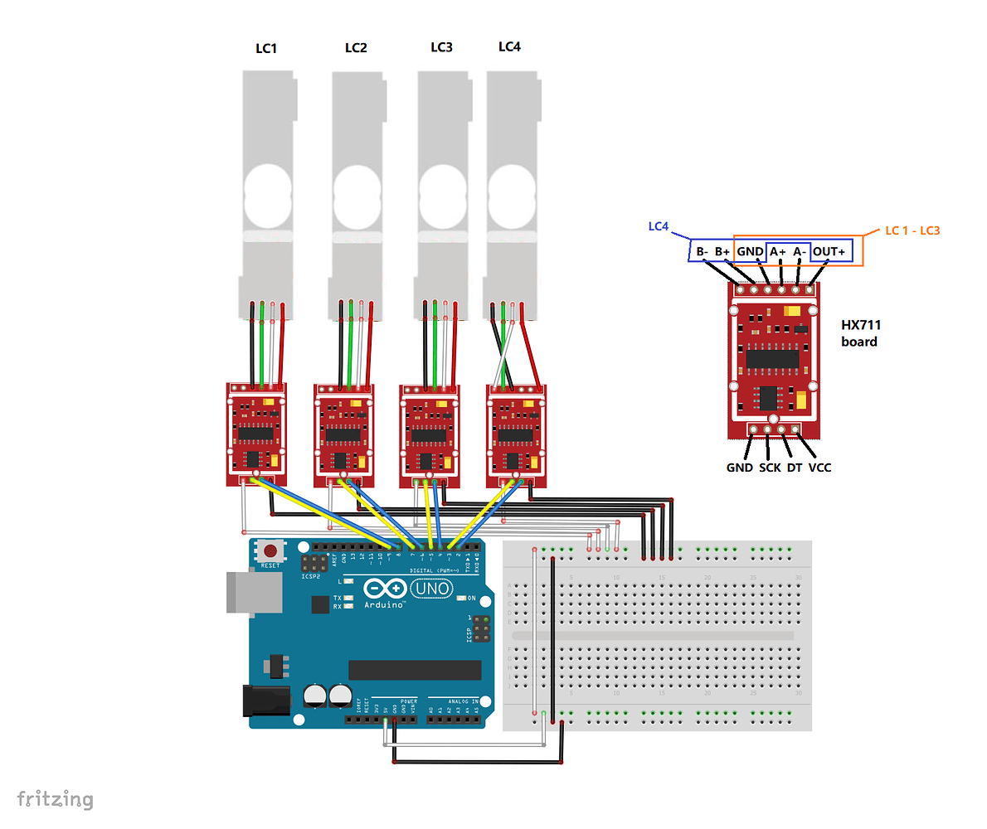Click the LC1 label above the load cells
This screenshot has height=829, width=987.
click(265, 49)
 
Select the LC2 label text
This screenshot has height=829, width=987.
click(356, 48)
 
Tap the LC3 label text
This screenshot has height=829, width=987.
click(441, 47)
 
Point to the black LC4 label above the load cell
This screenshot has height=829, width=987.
click(509, 46)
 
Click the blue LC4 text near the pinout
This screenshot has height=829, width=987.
click(658, 226)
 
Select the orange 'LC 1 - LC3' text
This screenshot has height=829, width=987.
click(912, 230)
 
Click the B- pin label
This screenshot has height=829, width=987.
click(702, 251)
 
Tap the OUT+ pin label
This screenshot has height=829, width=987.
click(829, 251)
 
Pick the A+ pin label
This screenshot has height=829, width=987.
click(776, 251)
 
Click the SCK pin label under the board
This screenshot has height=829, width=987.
click(770, 468)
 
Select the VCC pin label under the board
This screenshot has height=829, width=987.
click(819, 468)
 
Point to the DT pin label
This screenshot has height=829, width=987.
click(795, 468)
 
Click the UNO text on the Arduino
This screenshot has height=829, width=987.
click(434, 589)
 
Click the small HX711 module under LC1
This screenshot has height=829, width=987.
click(256, 434)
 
